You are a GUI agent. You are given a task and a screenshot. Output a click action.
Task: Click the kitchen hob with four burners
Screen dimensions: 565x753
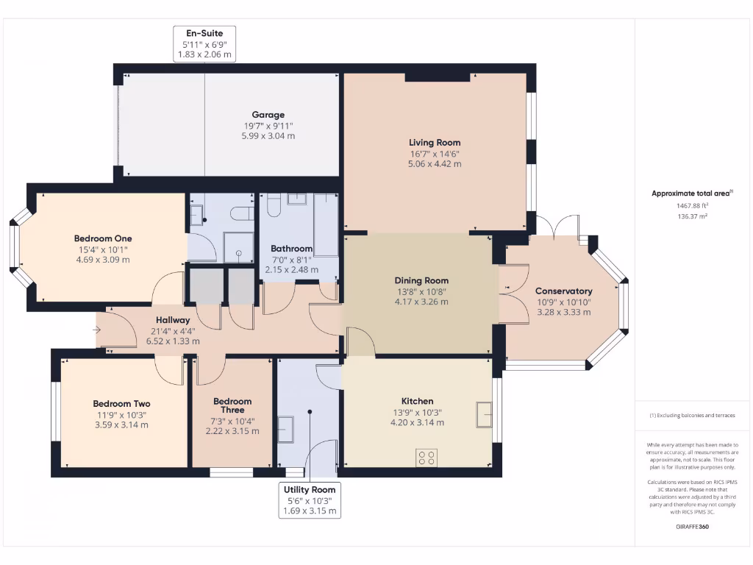[x=427, y=458]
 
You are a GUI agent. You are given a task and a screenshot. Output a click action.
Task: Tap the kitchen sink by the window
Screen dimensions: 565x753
[x=484, y=414]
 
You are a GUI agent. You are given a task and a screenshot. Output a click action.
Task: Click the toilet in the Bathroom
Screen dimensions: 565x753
[x=273, y=205]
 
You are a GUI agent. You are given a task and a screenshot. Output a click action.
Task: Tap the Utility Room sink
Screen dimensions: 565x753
[x=285, y=429]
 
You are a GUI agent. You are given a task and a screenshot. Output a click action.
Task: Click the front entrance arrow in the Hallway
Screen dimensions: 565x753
[x=96, y=330]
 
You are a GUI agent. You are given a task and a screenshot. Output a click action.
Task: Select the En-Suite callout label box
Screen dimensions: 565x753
[x=204, y=44]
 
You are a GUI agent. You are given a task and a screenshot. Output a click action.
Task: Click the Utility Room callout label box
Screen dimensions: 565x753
[x=310, y=500]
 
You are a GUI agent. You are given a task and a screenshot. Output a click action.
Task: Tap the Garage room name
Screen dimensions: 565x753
[x=268, y=115]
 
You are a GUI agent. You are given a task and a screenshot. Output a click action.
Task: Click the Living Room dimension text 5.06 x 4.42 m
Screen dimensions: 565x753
[x=435, y=164]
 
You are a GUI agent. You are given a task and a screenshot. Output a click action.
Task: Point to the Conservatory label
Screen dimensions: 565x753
[x=563, y=291]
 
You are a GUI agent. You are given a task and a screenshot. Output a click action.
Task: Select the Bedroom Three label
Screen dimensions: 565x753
[x=232, y=406]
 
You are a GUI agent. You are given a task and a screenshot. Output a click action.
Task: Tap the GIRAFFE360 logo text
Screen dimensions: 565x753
[x=691, y=527]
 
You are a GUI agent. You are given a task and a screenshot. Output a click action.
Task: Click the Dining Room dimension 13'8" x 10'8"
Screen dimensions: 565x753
[x=421, y=291]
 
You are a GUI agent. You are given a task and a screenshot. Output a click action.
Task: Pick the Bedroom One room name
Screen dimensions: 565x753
[x=103, y=238]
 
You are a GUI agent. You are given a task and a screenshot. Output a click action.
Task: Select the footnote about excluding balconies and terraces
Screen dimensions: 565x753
[x=691, y=416]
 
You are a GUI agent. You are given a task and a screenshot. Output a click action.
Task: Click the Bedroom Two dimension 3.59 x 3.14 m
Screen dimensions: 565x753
[x=121, y=424]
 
